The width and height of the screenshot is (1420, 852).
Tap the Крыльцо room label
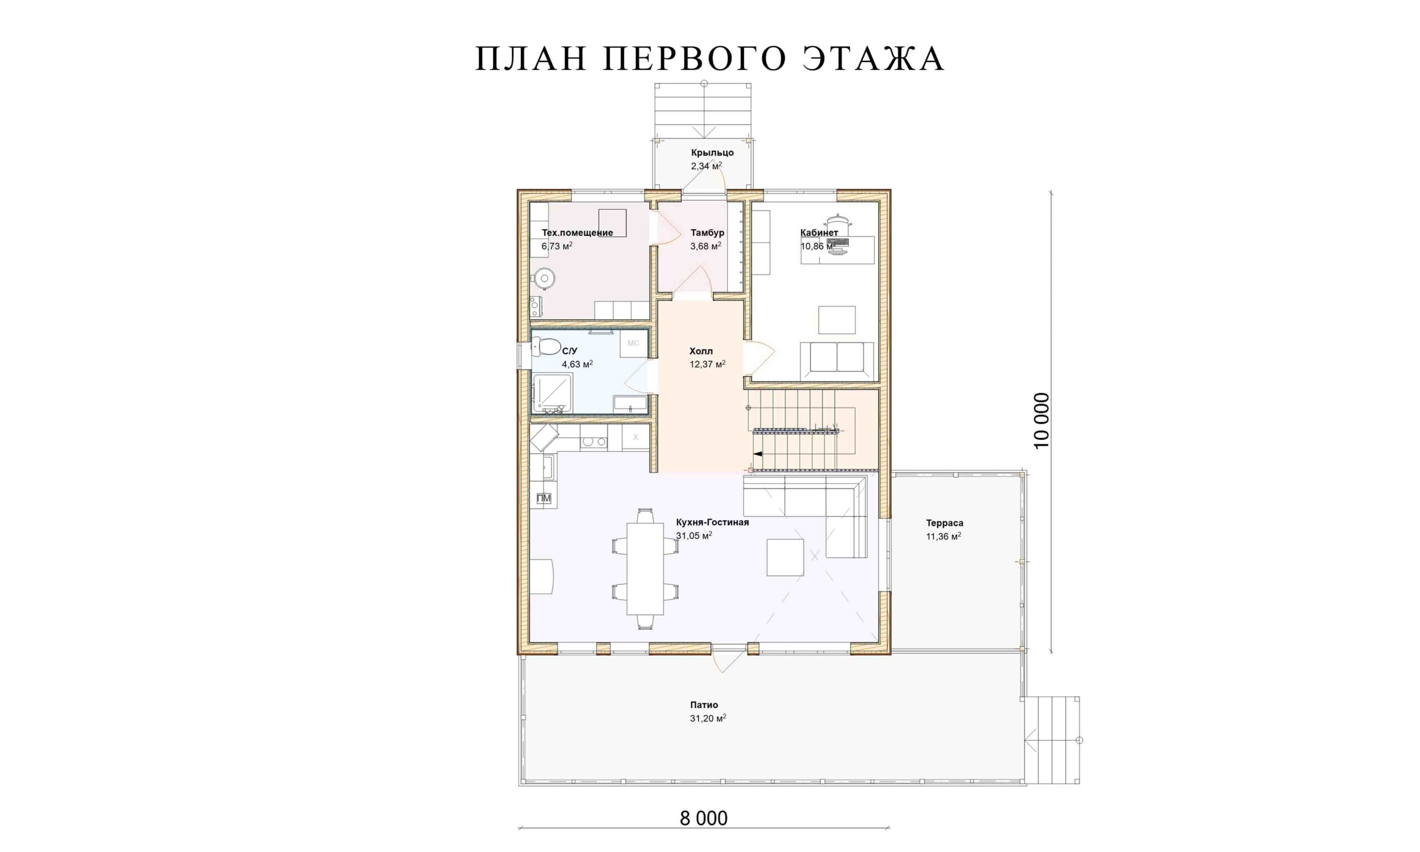[x=712, y=153]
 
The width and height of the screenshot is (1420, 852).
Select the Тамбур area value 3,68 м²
[x=706, y=246]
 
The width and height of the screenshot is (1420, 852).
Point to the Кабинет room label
[x=819, y=232]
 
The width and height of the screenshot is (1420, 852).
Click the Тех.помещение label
[x=577, y=232]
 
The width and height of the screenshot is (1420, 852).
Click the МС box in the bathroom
[x=633, y=343]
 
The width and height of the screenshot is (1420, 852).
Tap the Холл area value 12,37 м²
[x=707, y=364]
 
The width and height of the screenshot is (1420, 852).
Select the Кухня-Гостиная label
[x=712, y=523]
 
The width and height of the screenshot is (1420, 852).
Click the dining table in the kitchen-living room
[x=645, y=569]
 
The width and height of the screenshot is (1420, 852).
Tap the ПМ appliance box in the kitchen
[x=544, y=498]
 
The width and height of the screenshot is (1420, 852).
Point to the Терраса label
[x=944, y=523]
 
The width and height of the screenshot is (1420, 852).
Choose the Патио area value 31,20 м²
[x=708, y=718]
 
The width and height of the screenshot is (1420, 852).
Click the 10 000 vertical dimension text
[x=1041, y=421]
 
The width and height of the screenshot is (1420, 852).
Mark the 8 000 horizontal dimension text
[x=704, y=818]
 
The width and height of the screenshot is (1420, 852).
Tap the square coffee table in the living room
[x=785, y=557]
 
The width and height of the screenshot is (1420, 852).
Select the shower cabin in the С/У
[x=551, y=394]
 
